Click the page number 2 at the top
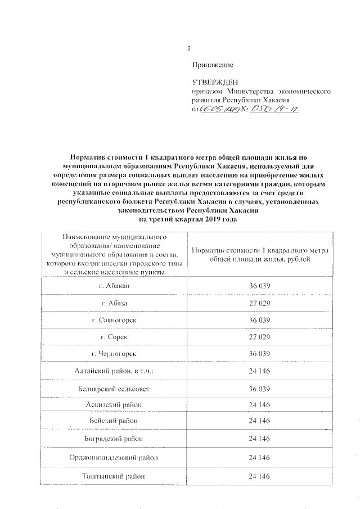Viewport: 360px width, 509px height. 189,48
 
